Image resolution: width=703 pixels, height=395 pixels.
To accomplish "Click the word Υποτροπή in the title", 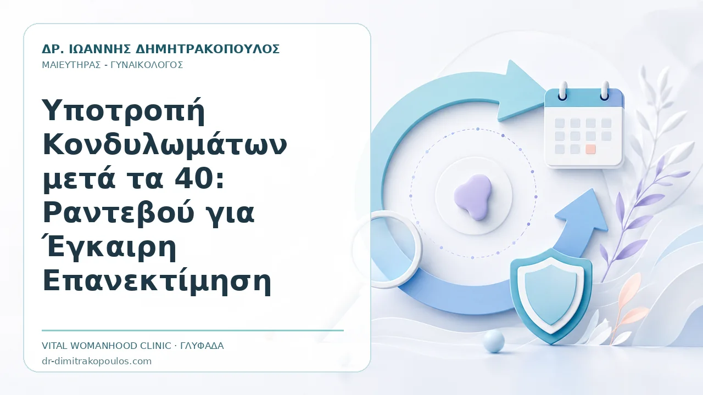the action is (x=124, y=111).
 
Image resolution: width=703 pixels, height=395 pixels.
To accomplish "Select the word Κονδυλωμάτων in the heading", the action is (x=164, y=145).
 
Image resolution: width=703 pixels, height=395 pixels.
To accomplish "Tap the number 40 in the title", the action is (x=192, y=179).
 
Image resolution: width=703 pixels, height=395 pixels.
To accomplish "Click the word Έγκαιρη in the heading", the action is (x=109, y=247).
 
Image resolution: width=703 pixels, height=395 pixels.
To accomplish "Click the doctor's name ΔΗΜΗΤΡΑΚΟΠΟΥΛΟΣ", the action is (x=208, y=49).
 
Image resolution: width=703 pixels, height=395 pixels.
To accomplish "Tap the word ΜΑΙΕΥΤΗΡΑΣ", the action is (x=71, y=65).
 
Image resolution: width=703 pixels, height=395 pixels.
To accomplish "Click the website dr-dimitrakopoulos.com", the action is (x=97, y=361).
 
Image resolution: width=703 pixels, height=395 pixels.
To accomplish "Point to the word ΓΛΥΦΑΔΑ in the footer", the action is (x=202, y=346).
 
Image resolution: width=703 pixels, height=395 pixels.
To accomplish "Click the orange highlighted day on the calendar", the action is (x=590, y=149).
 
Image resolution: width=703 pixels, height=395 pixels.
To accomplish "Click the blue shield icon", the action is (x=551, y=296).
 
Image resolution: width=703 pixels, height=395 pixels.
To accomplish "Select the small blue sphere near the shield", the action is (x=494, y=341).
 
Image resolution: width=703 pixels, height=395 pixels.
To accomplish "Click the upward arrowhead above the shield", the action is (x=583, y=211).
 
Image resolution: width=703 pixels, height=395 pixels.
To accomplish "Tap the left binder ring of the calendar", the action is (x=563, y=91).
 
